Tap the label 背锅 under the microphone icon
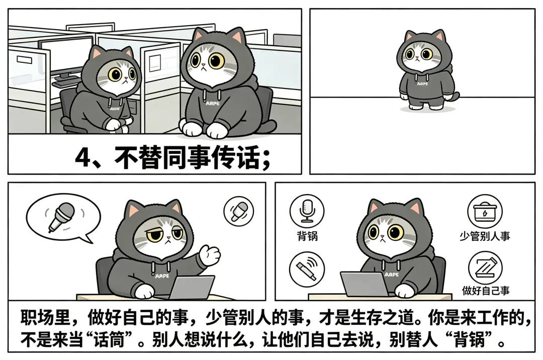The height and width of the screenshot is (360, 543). point(307,236)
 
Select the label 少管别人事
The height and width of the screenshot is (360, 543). point(485,236)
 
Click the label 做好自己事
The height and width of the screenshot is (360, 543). point(486,290)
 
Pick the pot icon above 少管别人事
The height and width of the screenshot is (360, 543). point(485,211)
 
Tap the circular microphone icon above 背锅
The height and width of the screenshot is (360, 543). point(307,211)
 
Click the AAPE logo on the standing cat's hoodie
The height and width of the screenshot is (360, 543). point(422,84)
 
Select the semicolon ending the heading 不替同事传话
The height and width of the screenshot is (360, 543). point(266,159)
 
